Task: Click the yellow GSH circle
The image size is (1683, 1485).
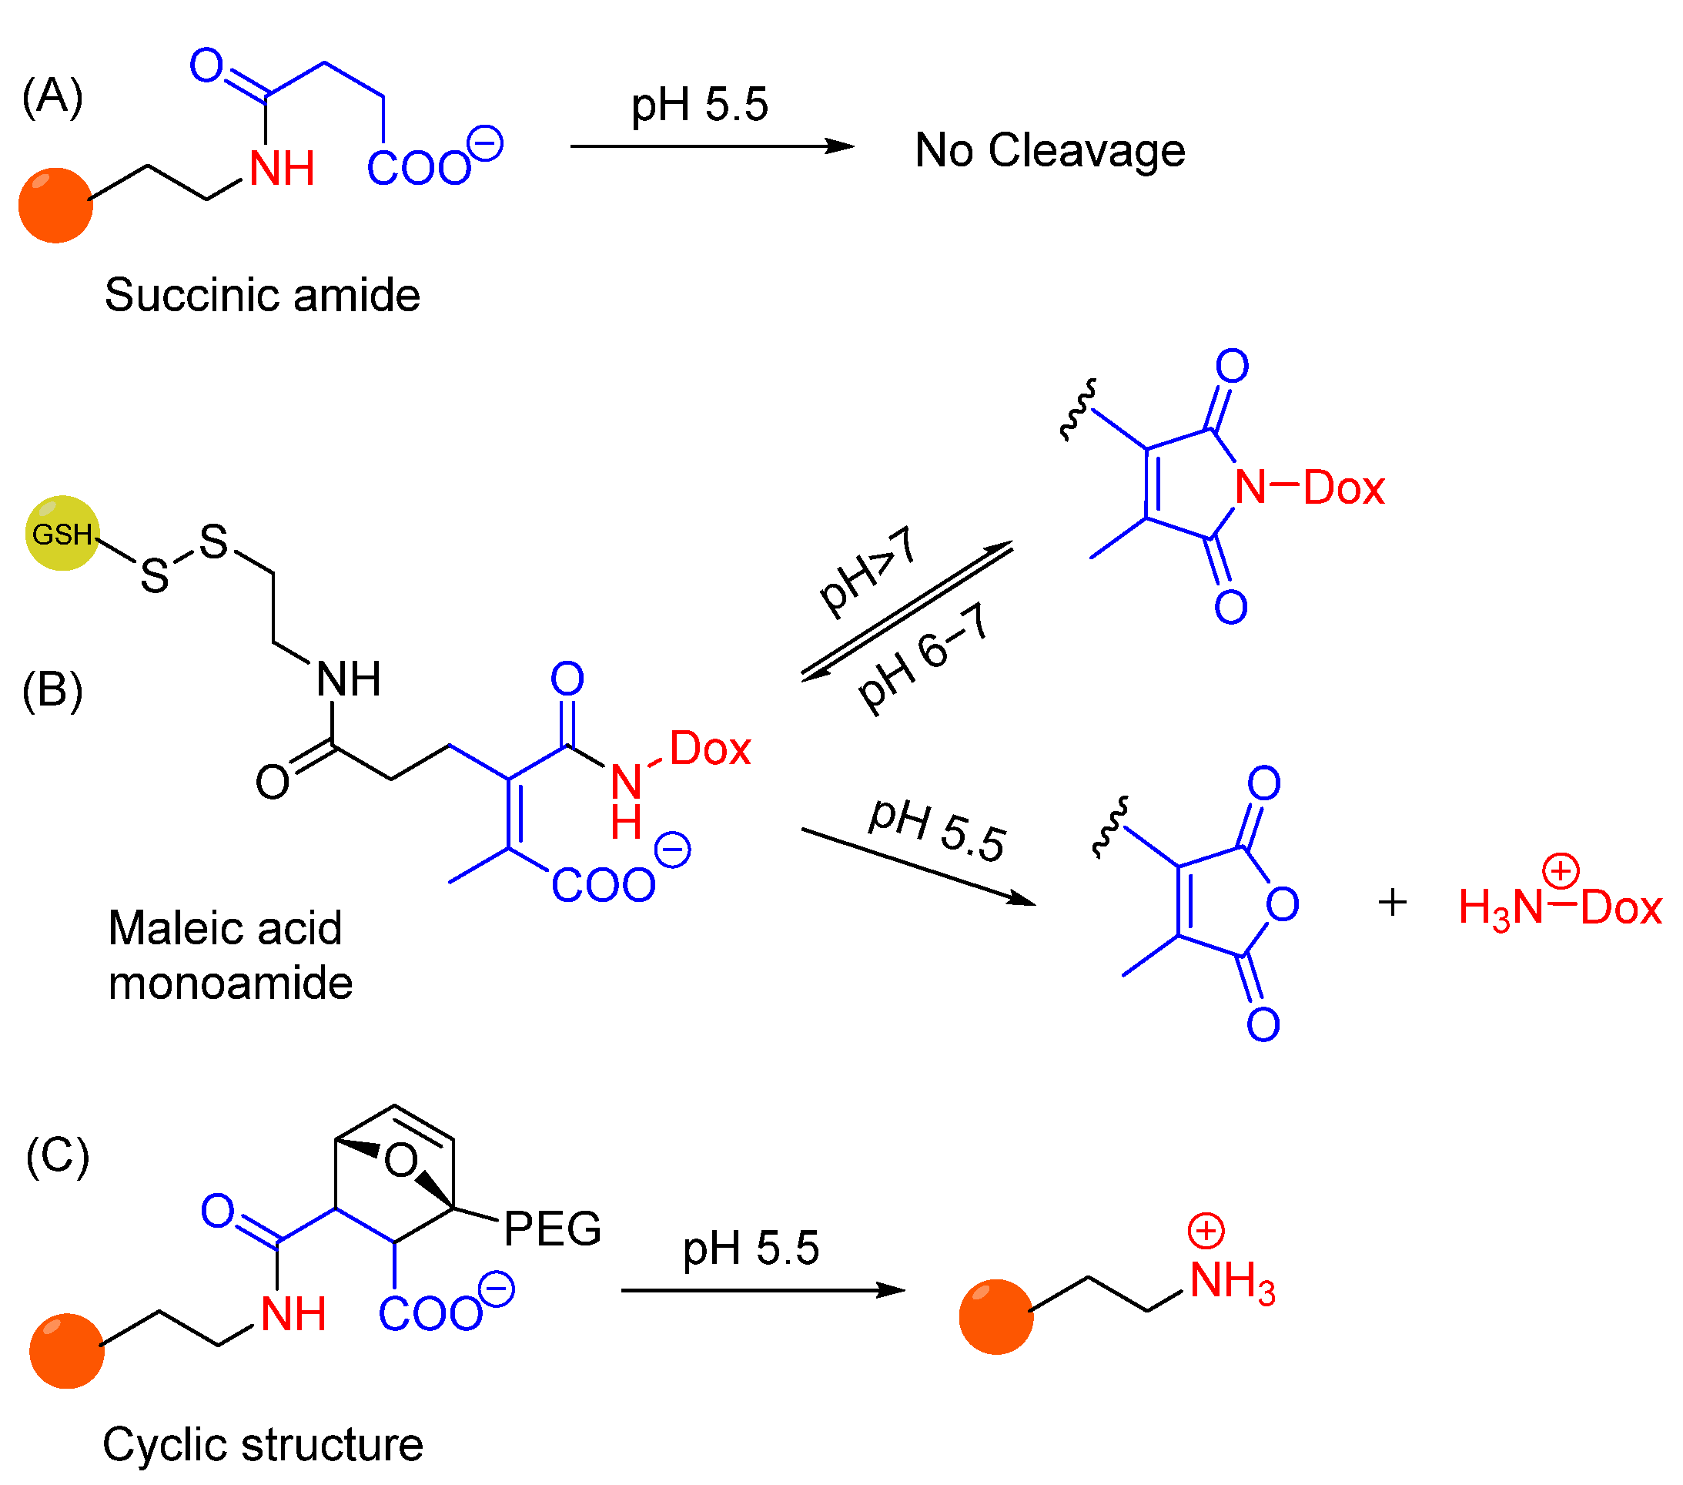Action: [62, 533]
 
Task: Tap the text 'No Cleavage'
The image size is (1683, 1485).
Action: [1049, 151]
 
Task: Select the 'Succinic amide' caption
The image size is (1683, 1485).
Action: [262, 295]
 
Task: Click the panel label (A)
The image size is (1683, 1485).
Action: [52, 97]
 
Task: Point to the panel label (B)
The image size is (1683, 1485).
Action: [52, 690]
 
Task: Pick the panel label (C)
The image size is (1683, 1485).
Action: [57, 1156]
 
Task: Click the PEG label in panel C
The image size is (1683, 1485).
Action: [552, 1229]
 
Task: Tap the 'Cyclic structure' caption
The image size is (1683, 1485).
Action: [262, 1445]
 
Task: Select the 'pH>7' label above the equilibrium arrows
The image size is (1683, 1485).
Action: [866, 570]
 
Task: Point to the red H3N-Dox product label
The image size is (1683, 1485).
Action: [1559, 907]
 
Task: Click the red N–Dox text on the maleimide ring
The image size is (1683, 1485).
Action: [1308, 487]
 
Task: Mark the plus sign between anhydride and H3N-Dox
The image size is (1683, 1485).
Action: [1391, 903]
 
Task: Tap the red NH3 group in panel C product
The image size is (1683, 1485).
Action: [1231, 1282]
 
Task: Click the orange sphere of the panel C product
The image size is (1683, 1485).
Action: [995, 1317]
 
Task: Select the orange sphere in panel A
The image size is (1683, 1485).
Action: [55, 205]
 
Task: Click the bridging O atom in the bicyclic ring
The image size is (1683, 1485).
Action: [401, 1162]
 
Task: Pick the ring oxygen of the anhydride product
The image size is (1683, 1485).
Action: [1281, 904]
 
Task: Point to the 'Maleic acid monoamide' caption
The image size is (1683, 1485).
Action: [229, 955]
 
